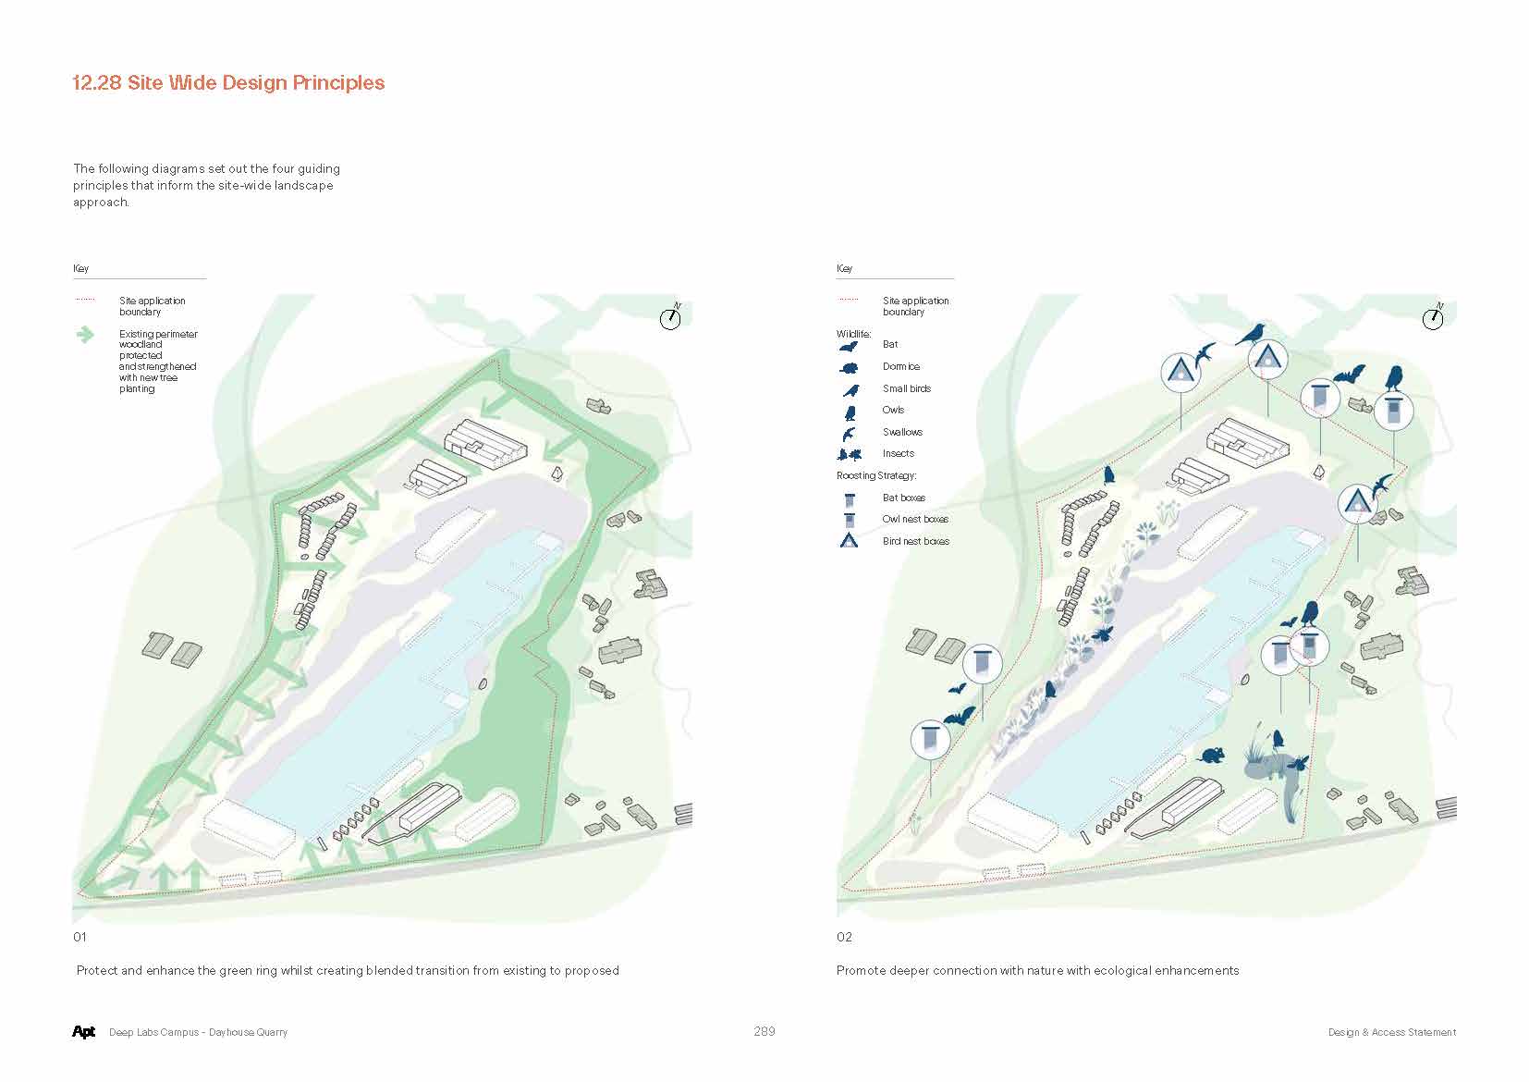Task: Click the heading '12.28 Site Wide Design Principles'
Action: [x=228, y=82]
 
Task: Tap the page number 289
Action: [x=764, y=1031]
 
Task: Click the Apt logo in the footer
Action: [x=83, y=1031]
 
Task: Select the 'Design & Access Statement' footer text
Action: [x=1392, y=1032]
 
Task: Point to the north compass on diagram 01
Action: [x=670, y=317]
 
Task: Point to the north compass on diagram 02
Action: [x=1433, y=317]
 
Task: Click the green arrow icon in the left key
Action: [x=85, y=335]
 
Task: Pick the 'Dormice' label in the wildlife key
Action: [x=901, y=366]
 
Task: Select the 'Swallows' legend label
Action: [x=902, y=432]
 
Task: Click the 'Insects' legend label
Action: [x=899, y=453]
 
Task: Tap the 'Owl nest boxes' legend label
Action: [x=915, y=519]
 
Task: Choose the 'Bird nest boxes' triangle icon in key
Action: [x=849, y=541]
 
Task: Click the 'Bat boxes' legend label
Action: [x=904, y=498]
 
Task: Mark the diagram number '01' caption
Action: [x=80, y=937]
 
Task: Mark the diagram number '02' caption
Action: [x=844, y=937]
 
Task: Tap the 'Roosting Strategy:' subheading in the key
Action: [x=876, y=476]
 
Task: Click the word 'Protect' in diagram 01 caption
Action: [x=97, y=970]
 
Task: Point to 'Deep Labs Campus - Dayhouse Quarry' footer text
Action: [x=199, y=1032]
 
